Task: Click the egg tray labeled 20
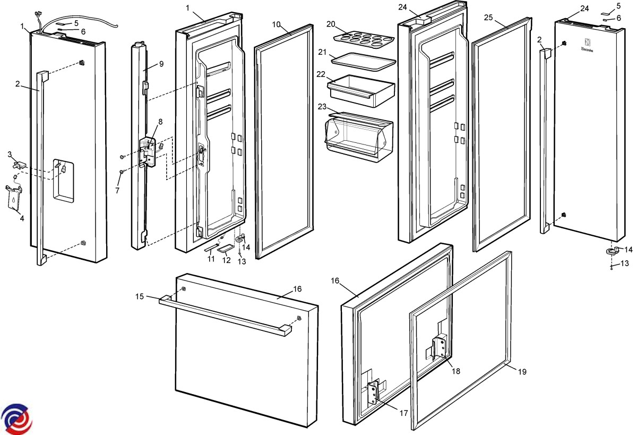coord(364,38)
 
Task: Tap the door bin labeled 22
coord(361,88)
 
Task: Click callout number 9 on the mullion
coord(161,64)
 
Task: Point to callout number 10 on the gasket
coord(276,25)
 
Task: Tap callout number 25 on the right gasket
coord(489,18)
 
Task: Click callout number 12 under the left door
coord(227,260)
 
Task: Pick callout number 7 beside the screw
coord(117,190)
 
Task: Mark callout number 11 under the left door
coord(211,259)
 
